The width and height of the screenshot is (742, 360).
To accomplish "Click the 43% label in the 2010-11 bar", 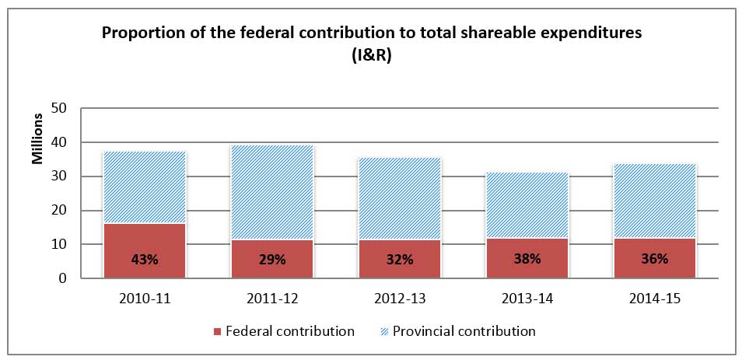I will (145, 260).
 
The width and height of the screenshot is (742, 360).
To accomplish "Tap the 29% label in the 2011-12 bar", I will (272, 260).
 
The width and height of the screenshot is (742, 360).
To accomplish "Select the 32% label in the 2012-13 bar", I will (400, 260).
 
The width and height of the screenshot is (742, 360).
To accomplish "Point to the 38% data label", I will (527, 260).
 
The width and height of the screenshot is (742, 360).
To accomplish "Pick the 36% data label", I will (655, 260).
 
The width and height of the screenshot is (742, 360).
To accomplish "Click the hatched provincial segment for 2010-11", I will (145, 187).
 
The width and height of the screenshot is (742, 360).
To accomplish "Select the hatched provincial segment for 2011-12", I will (272, 193).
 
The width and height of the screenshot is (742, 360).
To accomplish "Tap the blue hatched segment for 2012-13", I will (400, 199).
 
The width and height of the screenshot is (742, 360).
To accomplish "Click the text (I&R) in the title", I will (371, 55).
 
